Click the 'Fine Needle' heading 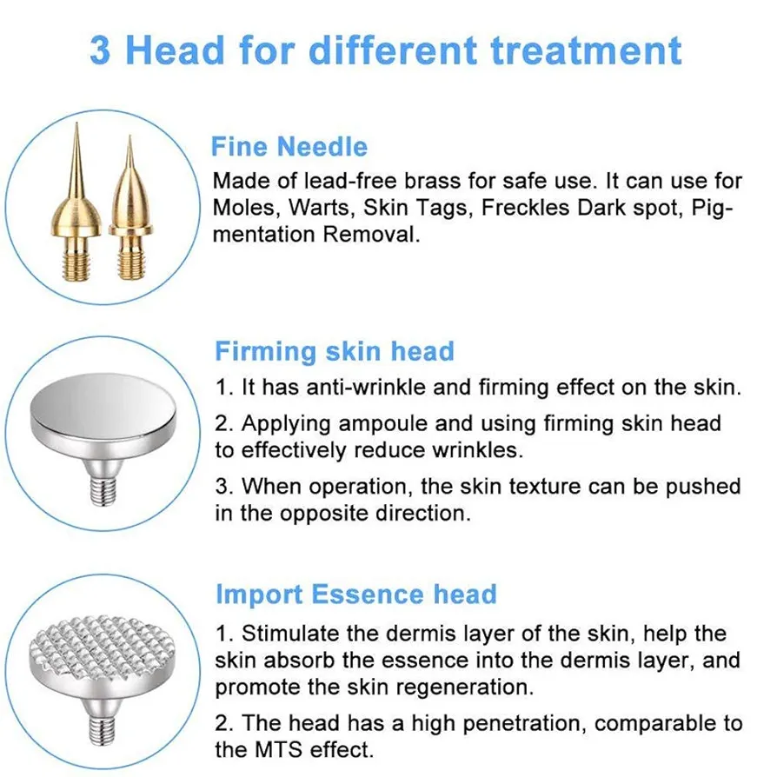289,147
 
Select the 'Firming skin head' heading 335,351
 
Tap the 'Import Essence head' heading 356,594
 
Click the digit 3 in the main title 101,50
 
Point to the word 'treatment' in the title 586,50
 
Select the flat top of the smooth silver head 103,405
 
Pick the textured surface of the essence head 103,644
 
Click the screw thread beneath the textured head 103,730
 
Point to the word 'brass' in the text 432,181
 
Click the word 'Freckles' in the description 525,207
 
